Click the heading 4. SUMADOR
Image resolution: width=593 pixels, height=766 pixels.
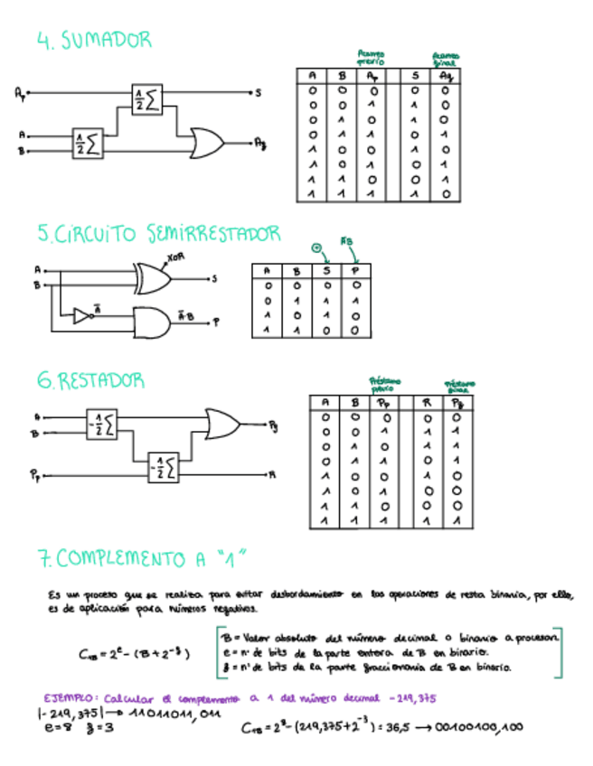point(94,40)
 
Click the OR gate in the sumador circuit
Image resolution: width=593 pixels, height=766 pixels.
point(206,142)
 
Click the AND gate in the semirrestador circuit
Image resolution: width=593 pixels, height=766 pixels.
point(151,321)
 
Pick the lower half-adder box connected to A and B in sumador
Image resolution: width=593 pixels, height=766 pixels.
point(89,143)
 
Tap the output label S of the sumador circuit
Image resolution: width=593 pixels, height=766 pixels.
point(259,92)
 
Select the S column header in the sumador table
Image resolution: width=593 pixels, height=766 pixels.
point(415,76)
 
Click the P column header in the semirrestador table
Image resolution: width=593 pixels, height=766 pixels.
point(355,270)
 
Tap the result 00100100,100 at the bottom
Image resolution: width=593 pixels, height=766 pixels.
point(485,727)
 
